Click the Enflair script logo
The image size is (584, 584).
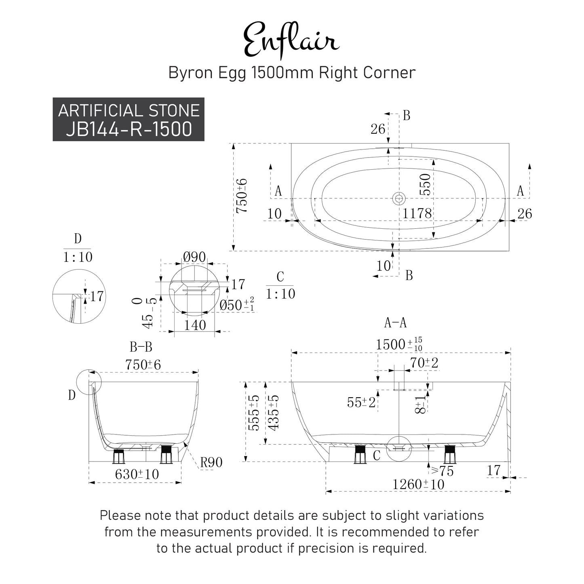(x=291, y=40)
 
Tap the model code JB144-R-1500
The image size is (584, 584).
(x=129, y=129)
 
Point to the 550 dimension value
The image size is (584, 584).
(x=425, y=184)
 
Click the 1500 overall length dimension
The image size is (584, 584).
(x=399, y=344)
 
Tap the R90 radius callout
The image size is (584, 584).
(x=211, y=462)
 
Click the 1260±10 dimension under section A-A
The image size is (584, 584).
(x=418, y=484)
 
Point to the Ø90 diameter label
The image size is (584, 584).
(x=194, y=257)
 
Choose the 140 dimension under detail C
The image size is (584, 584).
(x=195, y=325)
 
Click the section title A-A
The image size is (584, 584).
(x=395, y=323)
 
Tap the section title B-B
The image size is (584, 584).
(x=141, y=347)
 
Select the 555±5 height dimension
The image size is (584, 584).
(x=253, y=413)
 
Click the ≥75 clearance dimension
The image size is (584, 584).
(x=443, y=471)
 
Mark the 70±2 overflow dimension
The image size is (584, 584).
(x=424, y=363)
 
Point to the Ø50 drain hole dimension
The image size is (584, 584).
(x=237, y=305)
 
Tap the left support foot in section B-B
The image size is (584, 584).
(x=118, y=456)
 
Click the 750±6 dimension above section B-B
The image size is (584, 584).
(x=143, y=365)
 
